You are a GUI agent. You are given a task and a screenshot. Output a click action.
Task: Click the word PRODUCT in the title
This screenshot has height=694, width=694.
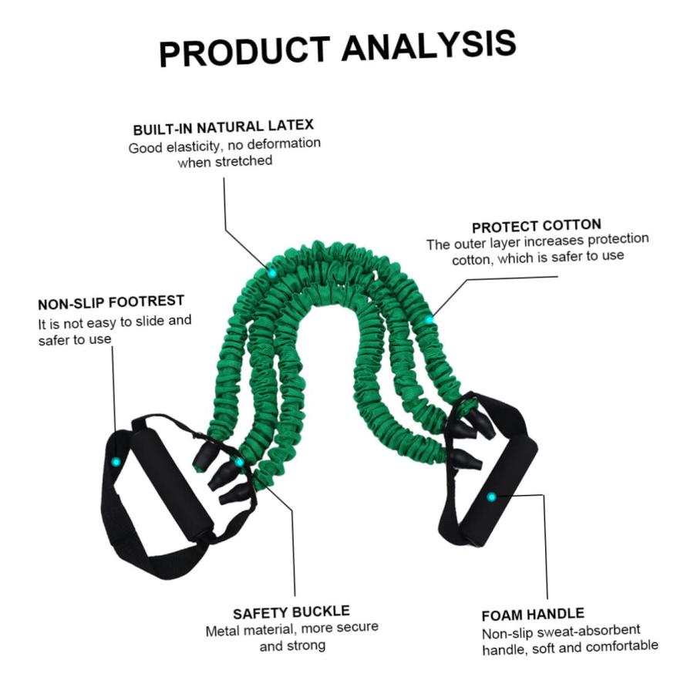point(244,52)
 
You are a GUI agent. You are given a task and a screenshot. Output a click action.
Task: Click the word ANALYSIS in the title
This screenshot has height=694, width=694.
point(429,45)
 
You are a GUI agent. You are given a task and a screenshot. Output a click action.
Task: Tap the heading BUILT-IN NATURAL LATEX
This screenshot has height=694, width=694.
point(223,127)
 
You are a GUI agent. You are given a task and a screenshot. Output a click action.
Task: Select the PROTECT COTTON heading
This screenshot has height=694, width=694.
point(537,226)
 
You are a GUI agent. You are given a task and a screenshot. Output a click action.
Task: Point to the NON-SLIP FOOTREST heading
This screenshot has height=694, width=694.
point(110,302)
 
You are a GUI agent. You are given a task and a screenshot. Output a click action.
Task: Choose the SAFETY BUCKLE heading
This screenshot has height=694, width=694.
point(291,612)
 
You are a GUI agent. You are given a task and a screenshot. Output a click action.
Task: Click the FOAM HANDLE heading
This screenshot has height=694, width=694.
point(533,615)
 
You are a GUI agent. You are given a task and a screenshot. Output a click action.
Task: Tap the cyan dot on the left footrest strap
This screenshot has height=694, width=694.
point(116,462)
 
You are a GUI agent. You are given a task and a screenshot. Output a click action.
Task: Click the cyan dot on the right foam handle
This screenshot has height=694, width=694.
point(491,497)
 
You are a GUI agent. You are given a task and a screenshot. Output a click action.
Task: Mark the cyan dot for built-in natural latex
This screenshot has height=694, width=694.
point(272,273)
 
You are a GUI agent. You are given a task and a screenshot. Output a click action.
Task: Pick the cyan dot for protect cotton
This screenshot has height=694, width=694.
point(429,319)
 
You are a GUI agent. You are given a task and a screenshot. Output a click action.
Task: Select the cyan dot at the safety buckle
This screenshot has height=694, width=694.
point(239,463)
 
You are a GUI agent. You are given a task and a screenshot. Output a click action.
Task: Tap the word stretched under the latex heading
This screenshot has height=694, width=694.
point(243,160)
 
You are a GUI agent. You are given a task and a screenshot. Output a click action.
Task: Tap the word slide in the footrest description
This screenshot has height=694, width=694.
point(150,322)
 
